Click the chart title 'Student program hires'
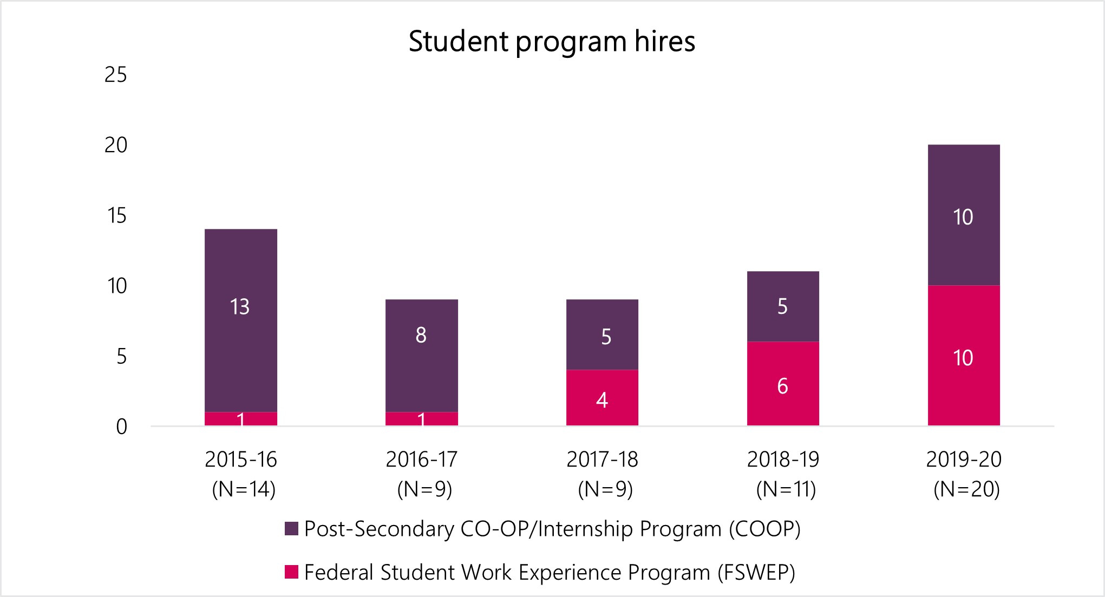click(552, 41)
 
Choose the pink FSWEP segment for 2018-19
click(783, 406)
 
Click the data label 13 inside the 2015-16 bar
click(240, 307)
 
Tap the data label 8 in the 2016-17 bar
click(421, 336)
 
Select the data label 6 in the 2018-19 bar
click(782, 386)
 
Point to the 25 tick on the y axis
click(116, 75)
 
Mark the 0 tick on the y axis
click(122, 427)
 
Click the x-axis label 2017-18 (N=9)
click(603, 474)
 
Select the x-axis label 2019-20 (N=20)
click(964, 474)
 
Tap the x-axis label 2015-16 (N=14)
click(241, 474)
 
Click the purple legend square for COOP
click(292, 529)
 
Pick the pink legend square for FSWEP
click(292, 572)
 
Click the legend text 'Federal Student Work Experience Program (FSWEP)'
click(550, 572)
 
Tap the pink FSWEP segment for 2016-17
click(421, 419)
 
